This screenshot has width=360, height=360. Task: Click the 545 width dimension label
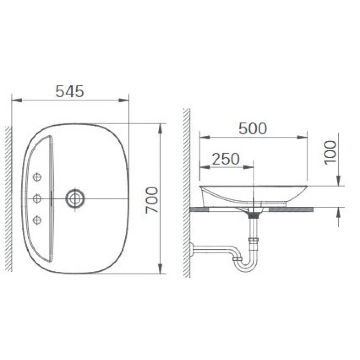[70, 91]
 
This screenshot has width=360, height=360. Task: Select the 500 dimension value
[253, 128]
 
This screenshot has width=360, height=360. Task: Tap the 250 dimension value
[226, 159]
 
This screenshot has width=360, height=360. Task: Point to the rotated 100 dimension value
[330, 152]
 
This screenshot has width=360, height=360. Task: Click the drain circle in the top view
[75, 198]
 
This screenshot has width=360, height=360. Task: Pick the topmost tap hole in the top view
[37, 177]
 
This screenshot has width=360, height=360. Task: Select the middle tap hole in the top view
[37, 198]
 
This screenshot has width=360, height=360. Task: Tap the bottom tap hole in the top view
[37, 219]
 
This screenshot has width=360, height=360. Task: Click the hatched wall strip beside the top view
[8, 198]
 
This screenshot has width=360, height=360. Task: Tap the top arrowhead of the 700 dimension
[160, 128]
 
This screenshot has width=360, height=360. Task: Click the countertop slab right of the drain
[291, 209]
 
